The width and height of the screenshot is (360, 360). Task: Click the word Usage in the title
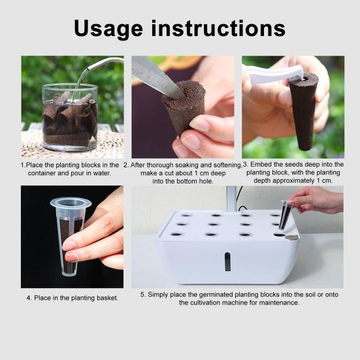click(108, 29)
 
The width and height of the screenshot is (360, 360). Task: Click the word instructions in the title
click(218, 28)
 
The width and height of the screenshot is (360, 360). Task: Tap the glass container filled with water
click(70, 117)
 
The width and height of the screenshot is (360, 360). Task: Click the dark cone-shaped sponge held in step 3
click(303, 111)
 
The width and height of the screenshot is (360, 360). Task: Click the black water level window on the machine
click(227, 261)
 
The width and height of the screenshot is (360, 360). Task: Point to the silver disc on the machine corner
click(292, 238)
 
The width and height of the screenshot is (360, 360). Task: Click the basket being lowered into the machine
click(285, 215)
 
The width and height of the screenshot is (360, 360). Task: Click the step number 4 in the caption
click(29, 298)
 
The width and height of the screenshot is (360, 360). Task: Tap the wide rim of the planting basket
click(71, 203)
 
